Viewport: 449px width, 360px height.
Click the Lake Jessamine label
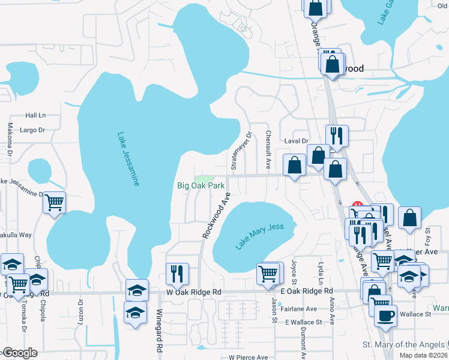click(128, 159)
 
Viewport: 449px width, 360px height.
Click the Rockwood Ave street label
click(216, 215)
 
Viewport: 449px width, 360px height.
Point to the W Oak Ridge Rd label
click(194, 292)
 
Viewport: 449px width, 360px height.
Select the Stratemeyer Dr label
click(235, 150)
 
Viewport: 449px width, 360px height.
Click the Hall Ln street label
click(35, 115)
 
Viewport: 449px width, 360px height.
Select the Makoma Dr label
click(10, 139)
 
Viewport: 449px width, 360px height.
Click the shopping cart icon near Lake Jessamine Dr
click(54, 202)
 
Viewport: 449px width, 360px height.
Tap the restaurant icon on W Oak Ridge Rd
click(177, 274)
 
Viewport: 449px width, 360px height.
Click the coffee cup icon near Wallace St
click(385, 315)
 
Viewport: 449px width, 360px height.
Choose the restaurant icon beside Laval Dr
click(337, 136)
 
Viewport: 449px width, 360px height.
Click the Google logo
click(20, 353)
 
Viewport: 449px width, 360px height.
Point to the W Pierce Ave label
click(248, 357)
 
